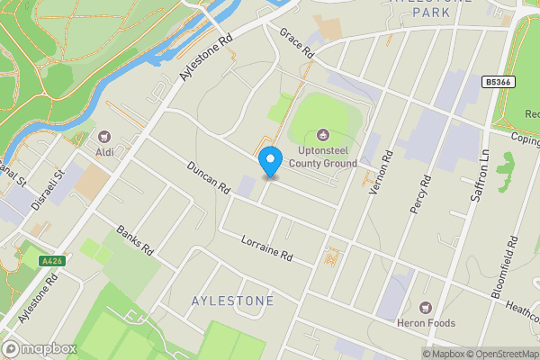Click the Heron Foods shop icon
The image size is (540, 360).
point(426,307)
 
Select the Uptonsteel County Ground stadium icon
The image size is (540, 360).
point(322,136)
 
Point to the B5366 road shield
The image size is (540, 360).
point(498,82)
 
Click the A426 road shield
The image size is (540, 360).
point(52,261)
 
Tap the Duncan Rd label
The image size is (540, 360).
point(209,175)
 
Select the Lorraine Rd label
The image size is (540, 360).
point(267,247)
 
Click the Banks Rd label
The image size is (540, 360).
point(136,240)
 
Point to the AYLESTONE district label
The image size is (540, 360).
point(233,301)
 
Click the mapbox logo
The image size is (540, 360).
point(39,348)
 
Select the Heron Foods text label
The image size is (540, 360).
point(426,323)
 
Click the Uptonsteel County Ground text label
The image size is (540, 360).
point(322,157)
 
